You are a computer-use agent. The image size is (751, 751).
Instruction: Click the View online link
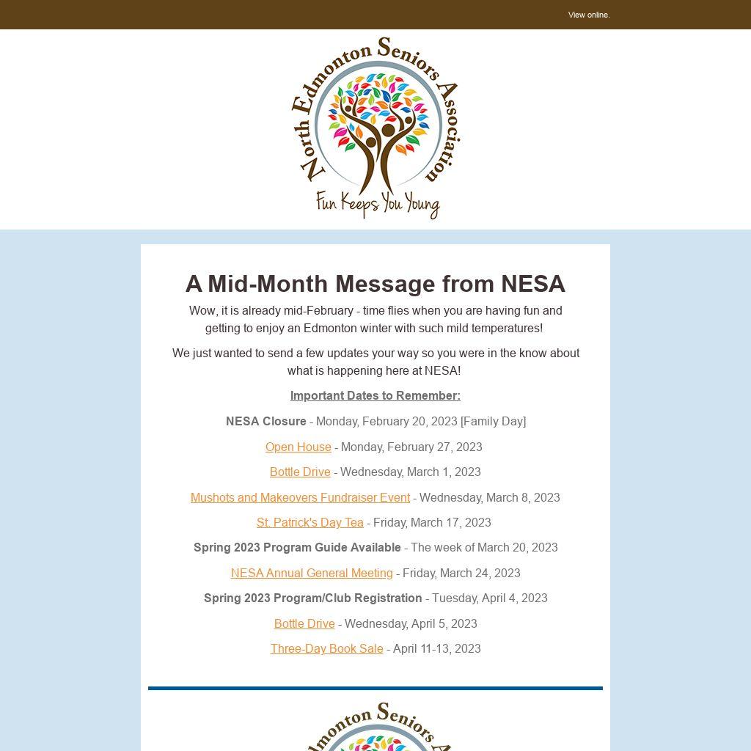click(588, 15)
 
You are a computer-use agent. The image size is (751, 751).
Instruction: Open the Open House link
click(298, 447)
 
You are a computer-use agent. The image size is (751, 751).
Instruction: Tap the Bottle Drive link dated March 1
click(300, 472)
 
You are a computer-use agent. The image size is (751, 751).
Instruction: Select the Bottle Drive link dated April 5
click(304, 623)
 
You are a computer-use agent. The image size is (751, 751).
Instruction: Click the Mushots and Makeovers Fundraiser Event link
click(300, 497)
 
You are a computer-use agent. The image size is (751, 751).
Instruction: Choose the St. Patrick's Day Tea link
click(309, 522)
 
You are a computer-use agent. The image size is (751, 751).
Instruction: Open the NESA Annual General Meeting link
click(312, 573)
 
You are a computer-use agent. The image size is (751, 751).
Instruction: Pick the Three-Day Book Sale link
click(326, 648)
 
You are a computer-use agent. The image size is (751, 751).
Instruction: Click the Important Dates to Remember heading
click(375, 395)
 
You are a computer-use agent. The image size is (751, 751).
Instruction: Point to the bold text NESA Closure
click(265, 421)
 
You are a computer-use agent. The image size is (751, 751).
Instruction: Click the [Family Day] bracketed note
click(493, 421)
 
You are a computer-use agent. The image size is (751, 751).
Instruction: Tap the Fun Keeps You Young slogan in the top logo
click(377, 203)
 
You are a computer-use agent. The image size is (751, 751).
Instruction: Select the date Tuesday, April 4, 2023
click(489, 598)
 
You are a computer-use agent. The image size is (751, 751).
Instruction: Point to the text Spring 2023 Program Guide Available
click(297, 547)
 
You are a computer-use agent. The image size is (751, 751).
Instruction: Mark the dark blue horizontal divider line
click(375, 688)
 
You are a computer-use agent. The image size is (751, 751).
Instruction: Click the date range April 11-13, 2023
click(436, 648)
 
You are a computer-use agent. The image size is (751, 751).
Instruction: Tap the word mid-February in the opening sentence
click(320, 310)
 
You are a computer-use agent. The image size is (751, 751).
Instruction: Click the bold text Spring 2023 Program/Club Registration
click(312, 598)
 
